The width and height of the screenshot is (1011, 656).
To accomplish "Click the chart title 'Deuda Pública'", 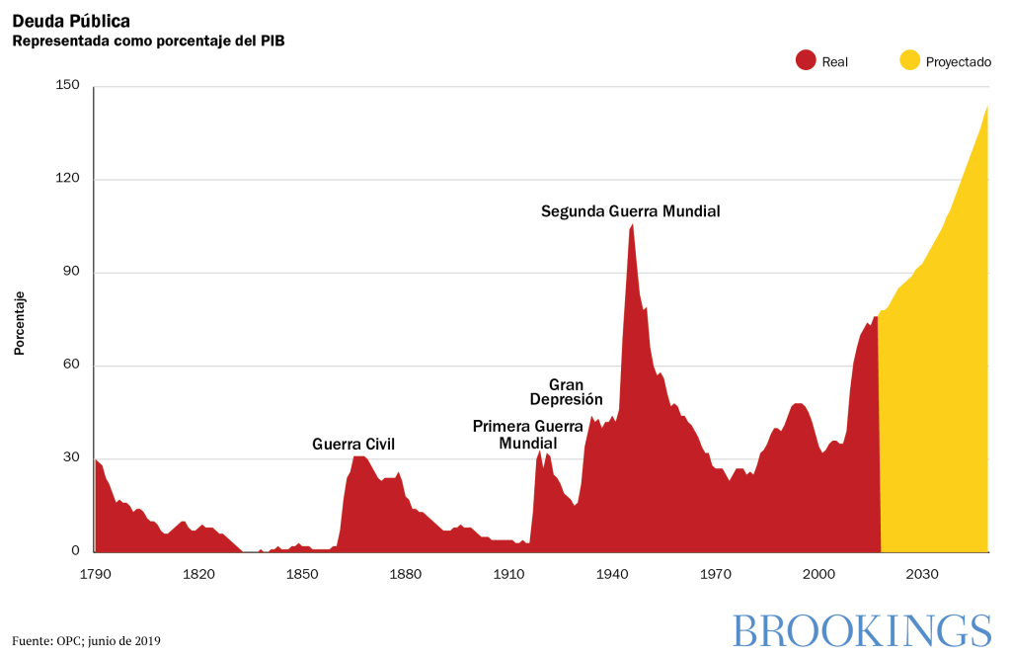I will pos(70,21).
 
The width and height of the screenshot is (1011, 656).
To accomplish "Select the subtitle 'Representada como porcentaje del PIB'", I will pos(148,41).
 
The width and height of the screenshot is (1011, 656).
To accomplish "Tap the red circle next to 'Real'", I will pos(806,61).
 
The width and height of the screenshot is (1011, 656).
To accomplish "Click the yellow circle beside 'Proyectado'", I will pos(909,61).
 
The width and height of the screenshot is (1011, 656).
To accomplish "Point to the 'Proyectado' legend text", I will pos(958,61).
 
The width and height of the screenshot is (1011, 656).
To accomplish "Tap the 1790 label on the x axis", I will pos(96,574).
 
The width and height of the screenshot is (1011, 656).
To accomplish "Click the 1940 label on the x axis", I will pos(613,574).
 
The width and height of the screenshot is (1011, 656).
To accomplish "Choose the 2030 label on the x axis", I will pos(922,574).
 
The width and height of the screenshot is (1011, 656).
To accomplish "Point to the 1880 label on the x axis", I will pos(406,574).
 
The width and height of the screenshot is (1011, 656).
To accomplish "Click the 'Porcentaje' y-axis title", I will pos(20,323).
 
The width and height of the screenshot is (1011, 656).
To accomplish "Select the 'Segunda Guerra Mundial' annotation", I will pos(631,211).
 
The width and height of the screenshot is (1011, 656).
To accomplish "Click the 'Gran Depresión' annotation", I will pos(566,392).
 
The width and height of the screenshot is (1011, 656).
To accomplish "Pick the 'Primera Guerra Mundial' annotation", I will pos(528,435).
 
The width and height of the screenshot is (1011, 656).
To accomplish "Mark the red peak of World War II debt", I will pos(632,226).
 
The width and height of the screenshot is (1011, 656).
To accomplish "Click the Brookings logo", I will pos(862,630).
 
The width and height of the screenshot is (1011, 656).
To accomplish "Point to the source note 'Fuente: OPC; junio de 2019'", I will pos(86,640).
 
